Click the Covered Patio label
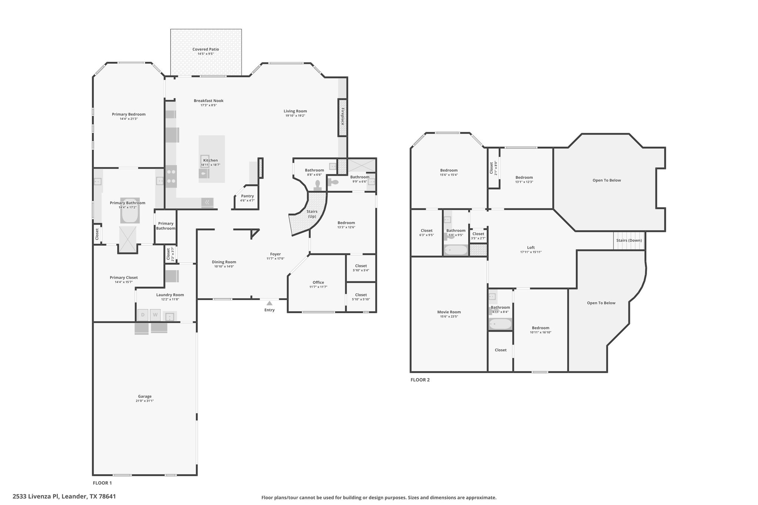206,49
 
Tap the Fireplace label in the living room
343,116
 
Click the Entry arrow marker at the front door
269,303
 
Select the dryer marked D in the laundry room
143,315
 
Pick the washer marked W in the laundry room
155,315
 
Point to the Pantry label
247,196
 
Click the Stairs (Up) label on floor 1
312,214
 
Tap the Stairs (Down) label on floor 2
629,240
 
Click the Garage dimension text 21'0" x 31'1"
145,401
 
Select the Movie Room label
449,312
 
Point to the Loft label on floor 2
531,248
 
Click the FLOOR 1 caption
102,483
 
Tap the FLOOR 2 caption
420,380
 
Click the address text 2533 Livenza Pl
36,496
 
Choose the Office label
318,282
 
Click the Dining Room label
224,262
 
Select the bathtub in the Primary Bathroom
130,211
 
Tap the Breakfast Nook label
209,101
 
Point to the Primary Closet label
124,277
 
